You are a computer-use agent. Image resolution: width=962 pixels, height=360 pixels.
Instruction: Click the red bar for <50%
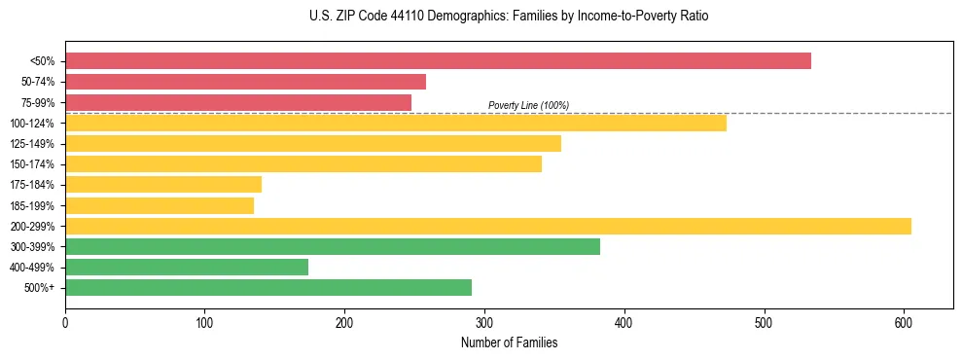438,61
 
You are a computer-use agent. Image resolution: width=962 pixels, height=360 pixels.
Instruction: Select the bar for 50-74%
245,82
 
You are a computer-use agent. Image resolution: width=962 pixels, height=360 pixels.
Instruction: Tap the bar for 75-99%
238,102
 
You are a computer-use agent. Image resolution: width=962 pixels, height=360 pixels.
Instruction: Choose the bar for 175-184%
163,185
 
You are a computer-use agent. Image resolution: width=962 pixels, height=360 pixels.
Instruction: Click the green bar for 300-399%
333,247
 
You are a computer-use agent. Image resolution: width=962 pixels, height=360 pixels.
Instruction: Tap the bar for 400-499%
187,268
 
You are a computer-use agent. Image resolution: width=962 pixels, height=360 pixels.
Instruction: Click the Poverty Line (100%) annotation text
528,105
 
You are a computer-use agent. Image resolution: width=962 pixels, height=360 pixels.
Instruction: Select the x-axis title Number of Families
509,342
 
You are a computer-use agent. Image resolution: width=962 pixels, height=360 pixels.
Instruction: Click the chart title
510,17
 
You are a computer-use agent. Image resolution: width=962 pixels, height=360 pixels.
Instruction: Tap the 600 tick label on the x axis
904,321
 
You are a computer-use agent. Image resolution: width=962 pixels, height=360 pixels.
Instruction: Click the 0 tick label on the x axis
65,321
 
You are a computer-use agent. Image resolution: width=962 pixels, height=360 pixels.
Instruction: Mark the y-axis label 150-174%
32,164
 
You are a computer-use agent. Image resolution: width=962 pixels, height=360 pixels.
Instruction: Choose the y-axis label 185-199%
32,206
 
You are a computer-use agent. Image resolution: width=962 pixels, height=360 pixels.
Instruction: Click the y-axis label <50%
42,61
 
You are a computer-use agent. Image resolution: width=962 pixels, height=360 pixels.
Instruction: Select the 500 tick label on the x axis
764,321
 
